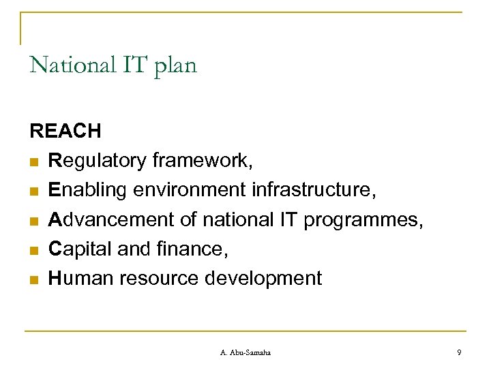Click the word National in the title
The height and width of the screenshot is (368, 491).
[x=69, y=66]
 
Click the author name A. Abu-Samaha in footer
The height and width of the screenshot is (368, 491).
[x=245, y=352]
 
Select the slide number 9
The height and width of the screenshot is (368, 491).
[x=459, y=352]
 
